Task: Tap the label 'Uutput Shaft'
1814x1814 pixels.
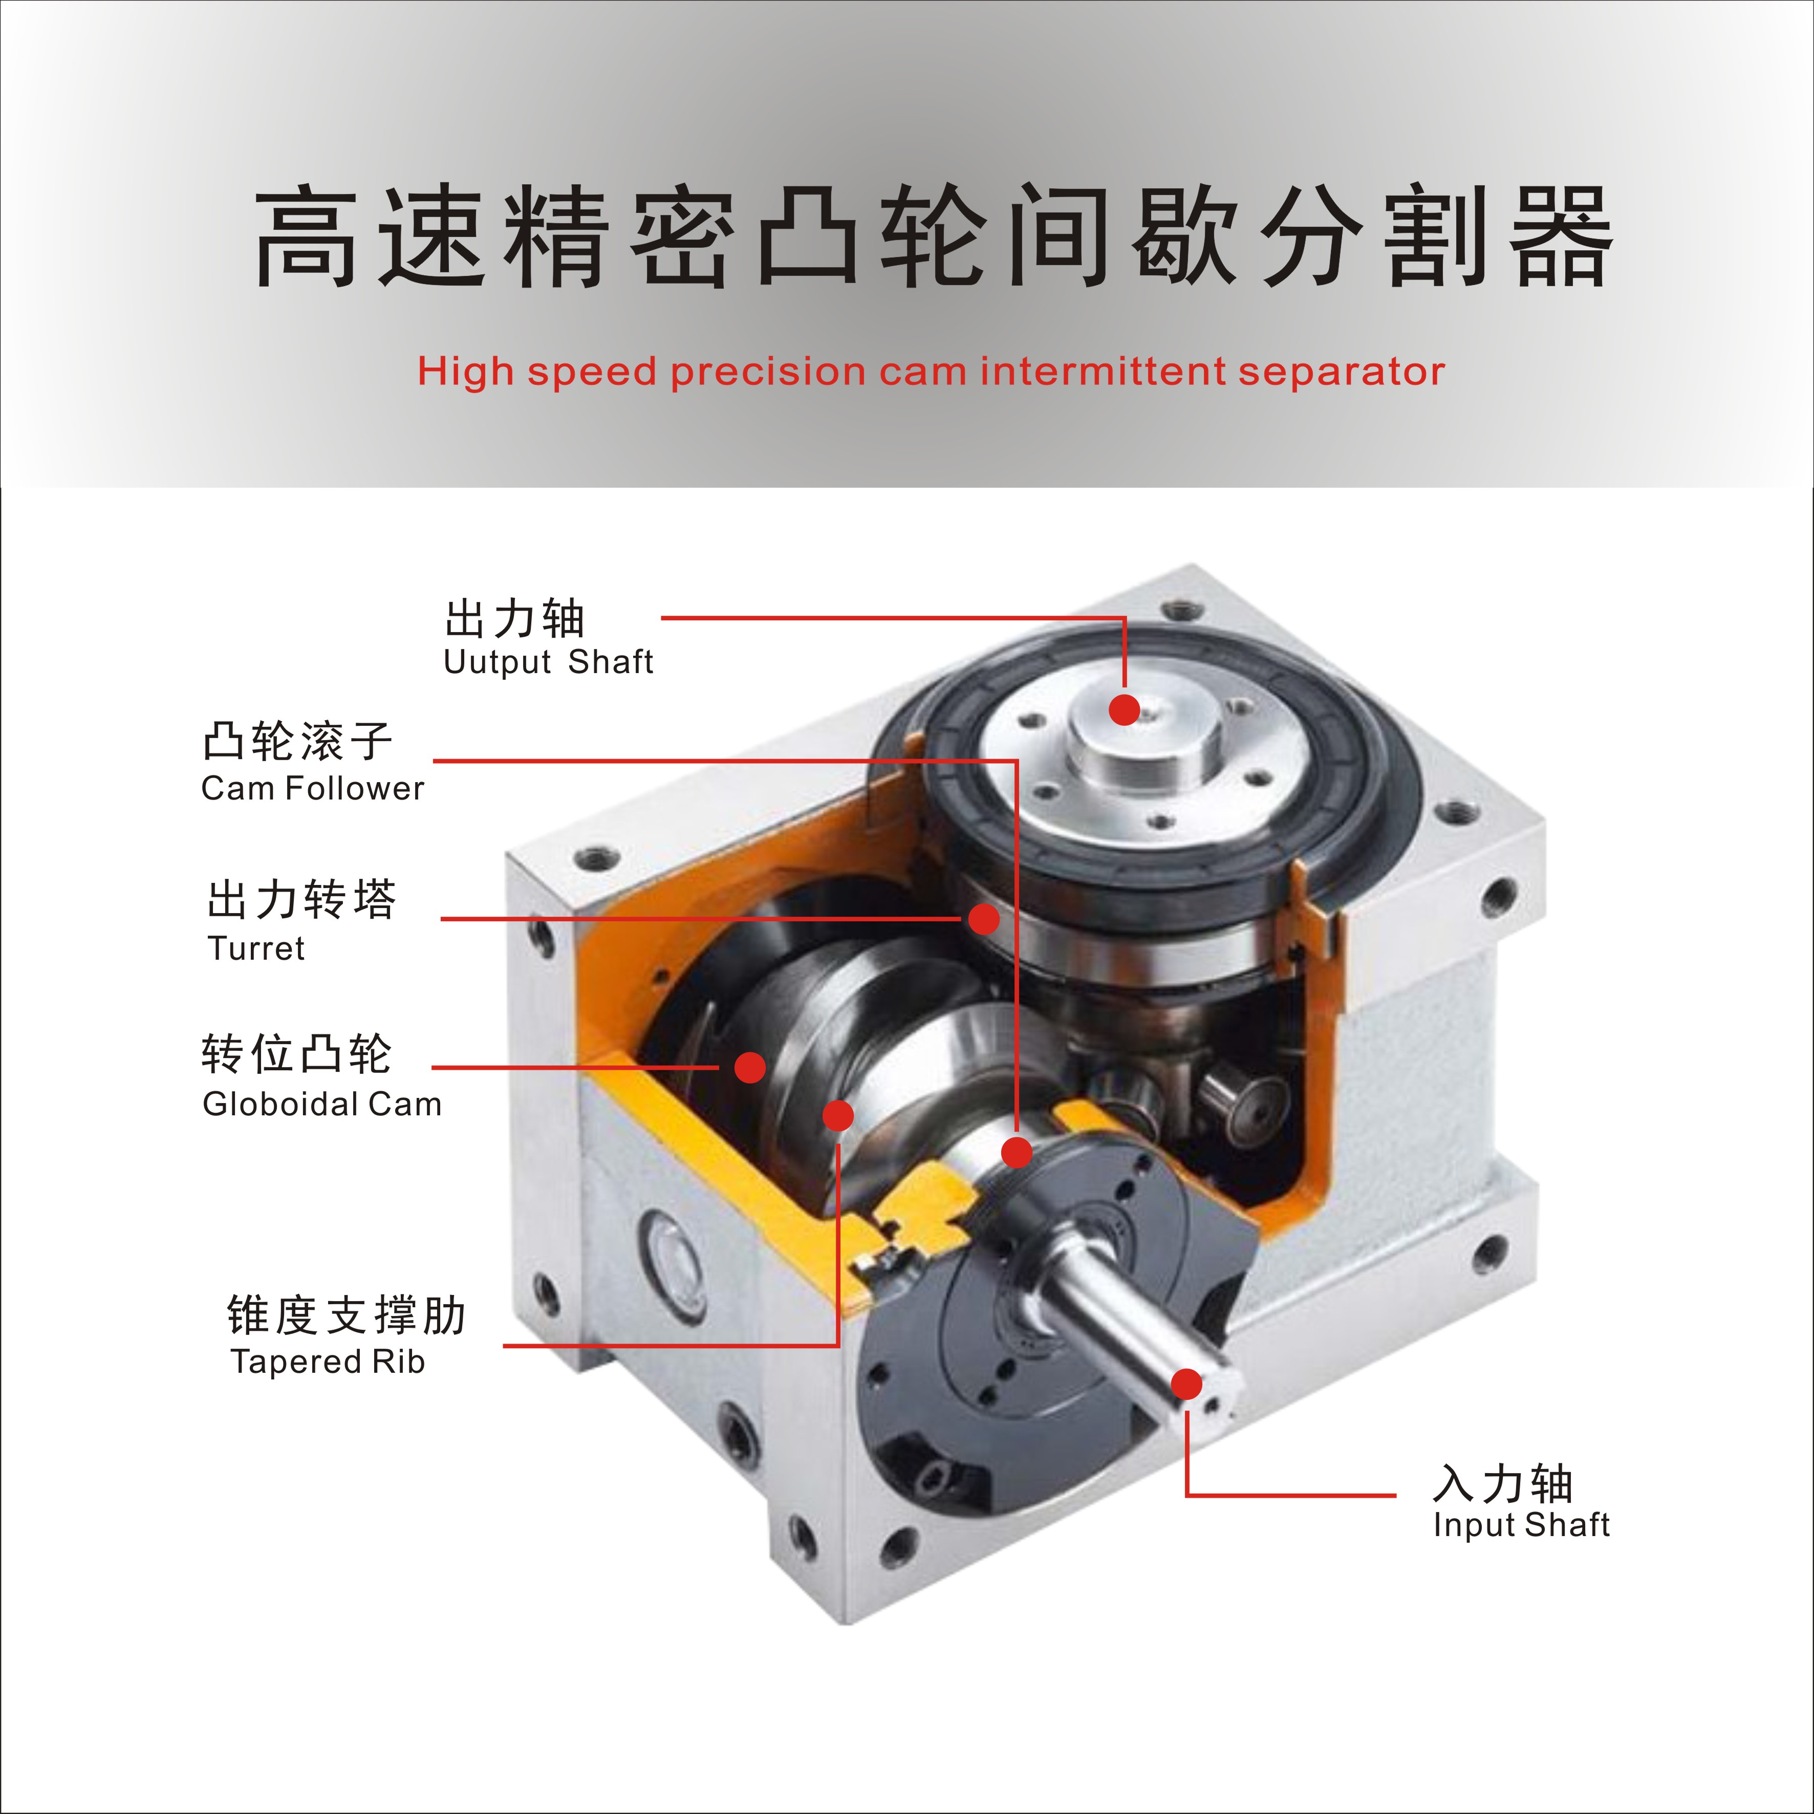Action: coord(548,662)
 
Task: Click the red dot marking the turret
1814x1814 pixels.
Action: coord(983,919)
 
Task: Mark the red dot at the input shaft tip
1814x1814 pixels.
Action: coord(1187,1384)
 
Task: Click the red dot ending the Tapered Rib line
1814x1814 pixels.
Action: coord(837,1115)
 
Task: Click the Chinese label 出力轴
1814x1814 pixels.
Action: coord(514,619)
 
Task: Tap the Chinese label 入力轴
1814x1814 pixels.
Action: coord(1502,1483)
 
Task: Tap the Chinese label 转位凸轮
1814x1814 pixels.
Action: coord(297,1054)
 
